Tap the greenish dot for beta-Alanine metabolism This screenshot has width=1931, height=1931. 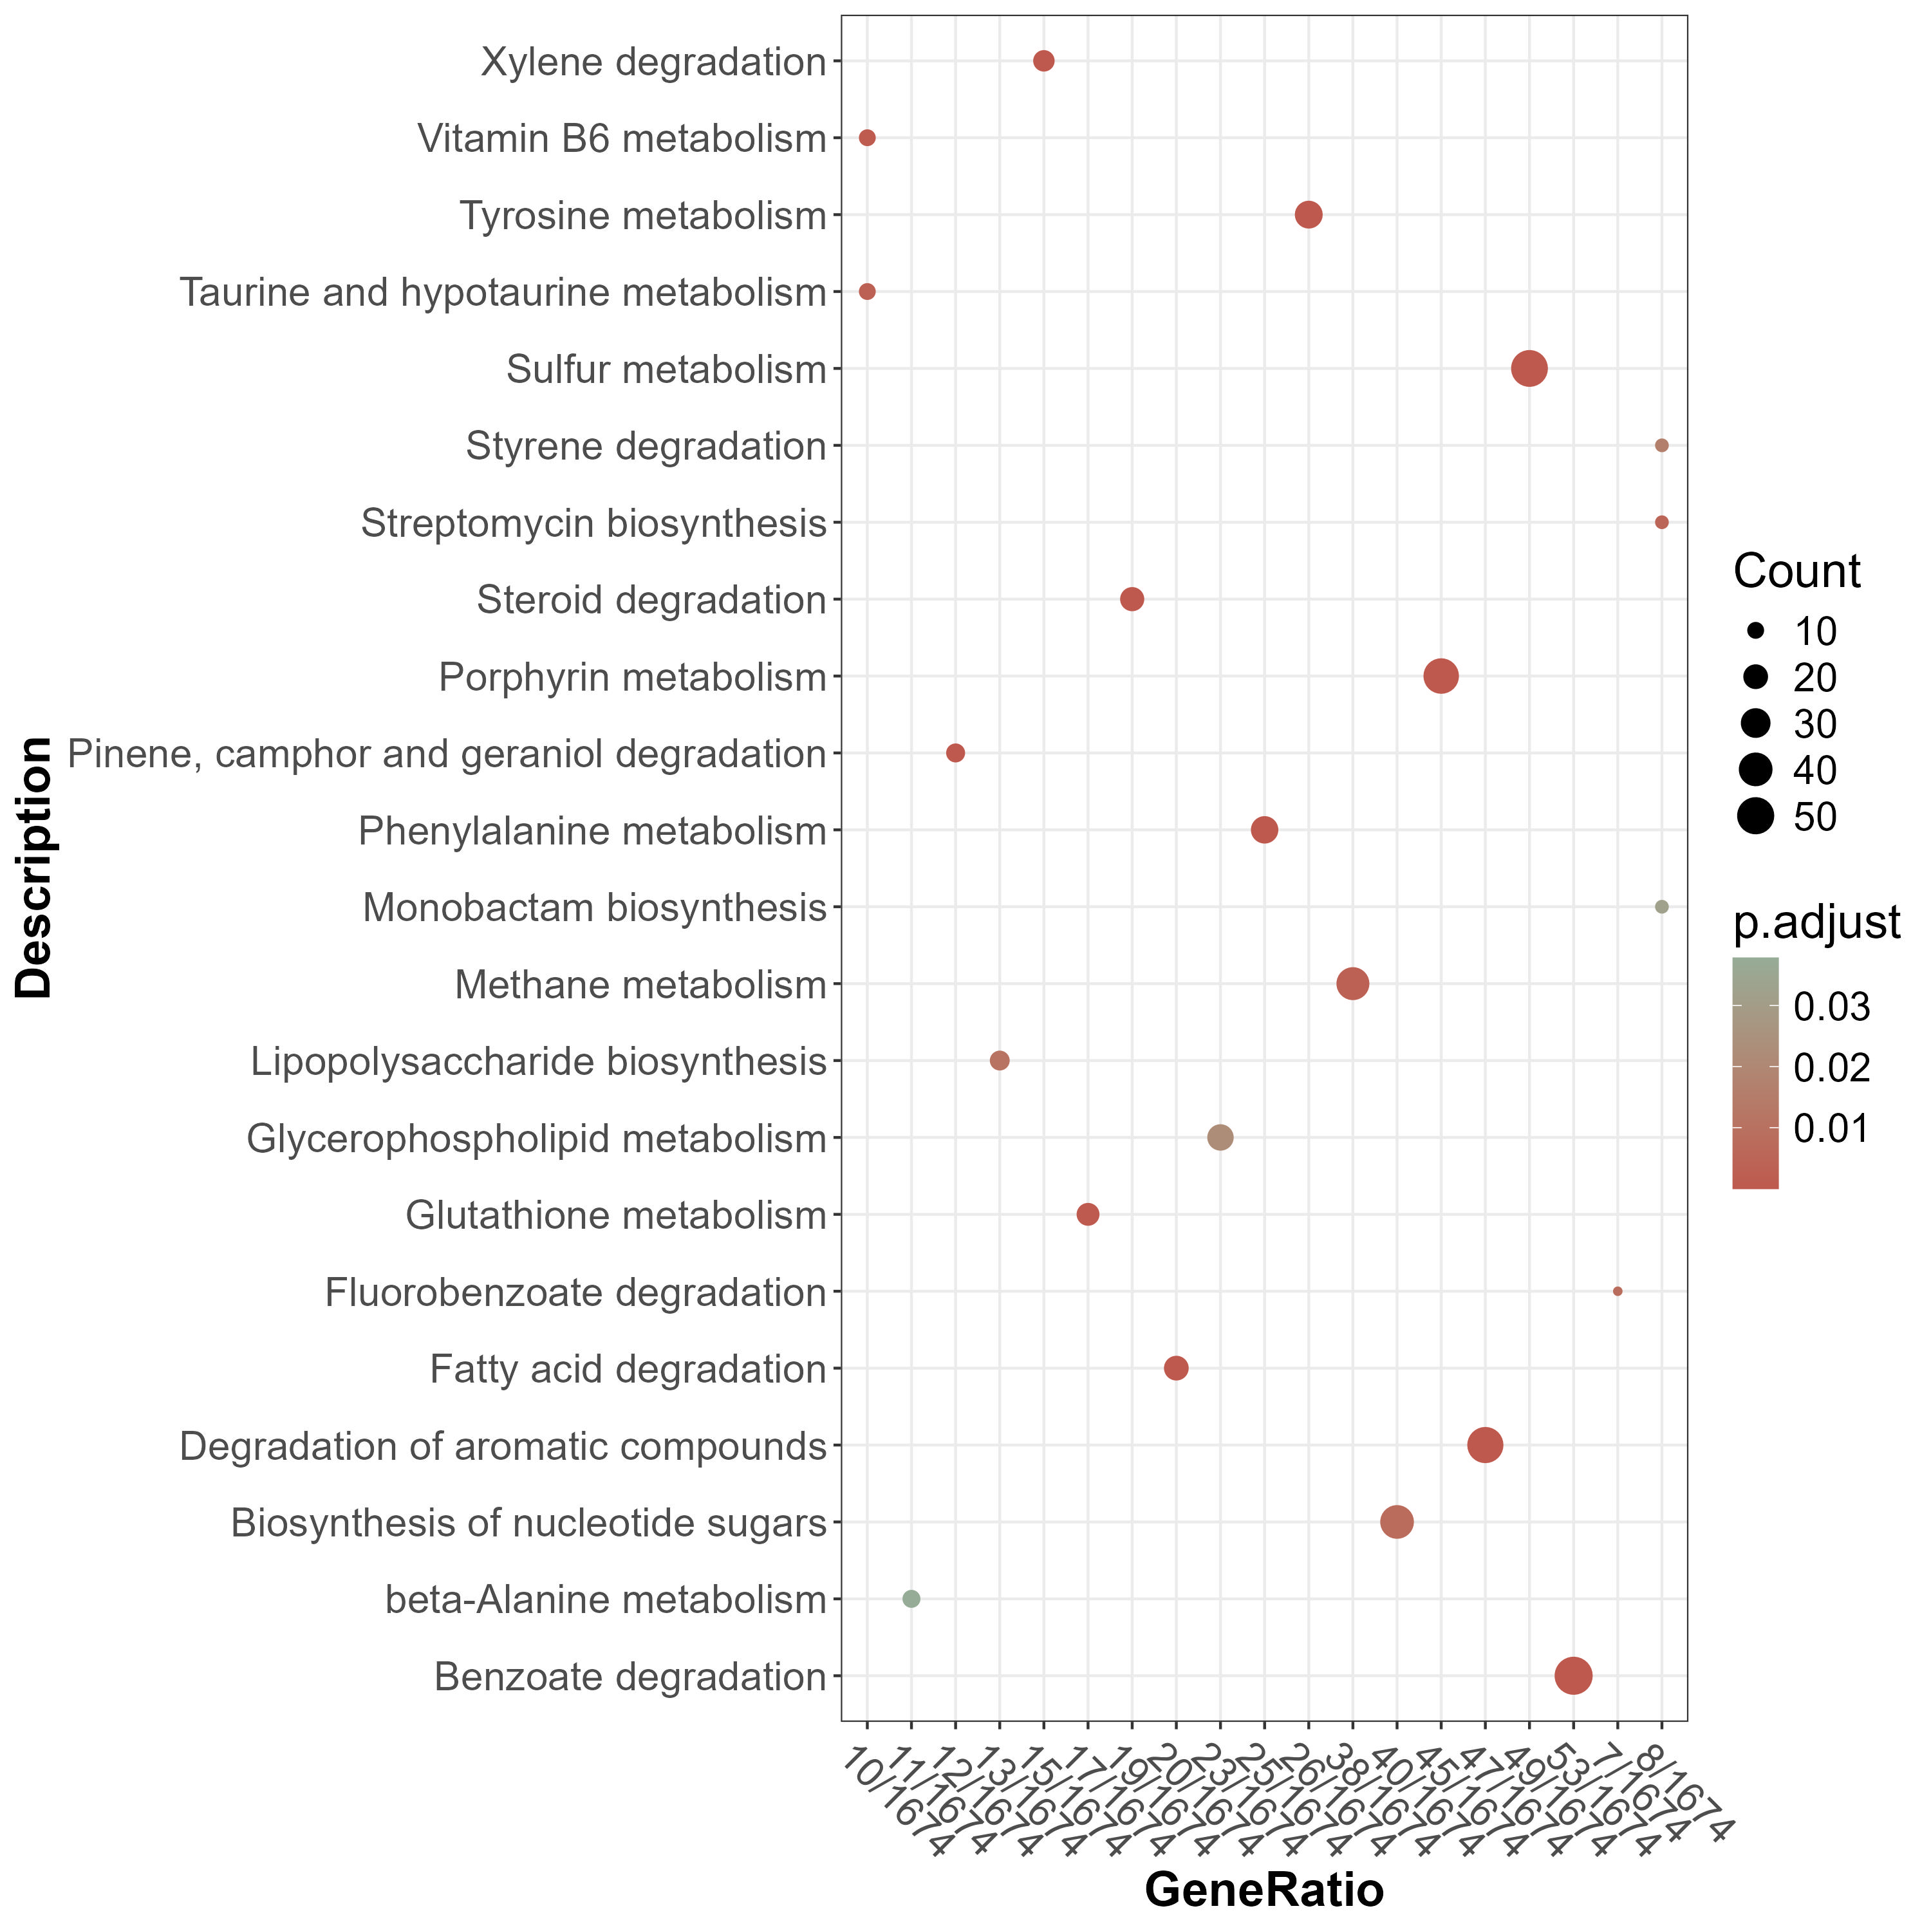[x=911, y=1598]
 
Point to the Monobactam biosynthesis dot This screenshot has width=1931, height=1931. [x=1661, y=906]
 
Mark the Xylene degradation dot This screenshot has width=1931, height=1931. [x=1043, y=61]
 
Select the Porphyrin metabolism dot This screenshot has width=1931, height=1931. [x=1441, y=676]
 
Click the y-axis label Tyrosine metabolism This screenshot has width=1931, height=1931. [x=642, y=216]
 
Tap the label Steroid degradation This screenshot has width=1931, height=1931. [x=651, y=601]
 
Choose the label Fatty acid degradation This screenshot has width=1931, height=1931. [x=628, y=1369]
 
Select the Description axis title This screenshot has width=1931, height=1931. [x=35, y=868]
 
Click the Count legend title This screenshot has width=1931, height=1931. [x=1796, y=572]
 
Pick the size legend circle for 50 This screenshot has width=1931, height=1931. [x=1755, y=817]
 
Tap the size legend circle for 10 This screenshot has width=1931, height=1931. [x=1755, y=631]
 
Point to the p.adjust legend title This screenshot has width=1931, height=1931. [x=1816, y=922]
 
